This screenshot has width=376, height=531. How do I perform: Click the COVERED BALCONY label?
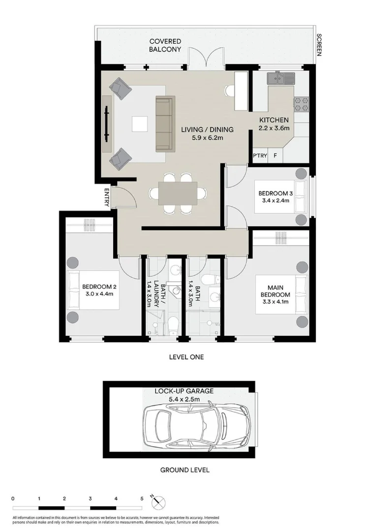point(165,45)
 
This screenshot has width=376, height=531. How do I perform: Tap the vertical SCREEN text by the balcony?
point(319,45)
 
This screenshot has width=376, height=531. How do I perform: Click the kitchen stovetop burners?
point(301,103)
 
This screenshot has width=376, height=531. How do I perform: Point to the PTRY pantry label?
point(260,156)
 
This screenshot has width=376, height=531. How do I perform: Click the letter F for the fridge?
point(276,156)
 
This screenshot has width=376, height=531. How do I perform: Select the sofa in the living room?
point(164,124)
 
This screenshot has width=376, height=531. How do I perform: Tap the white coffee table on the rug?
point(139,123)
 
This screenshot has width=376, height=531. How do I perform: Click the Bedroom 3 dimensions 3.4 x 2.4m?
point(275,201)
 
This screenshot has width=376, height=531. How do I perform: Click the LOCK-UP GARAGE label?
point(184,391)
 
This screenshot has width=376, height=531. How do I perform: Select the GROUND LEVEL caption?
point(185,470)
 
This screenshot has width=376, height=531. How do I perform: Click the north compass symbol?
point(159,502)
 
